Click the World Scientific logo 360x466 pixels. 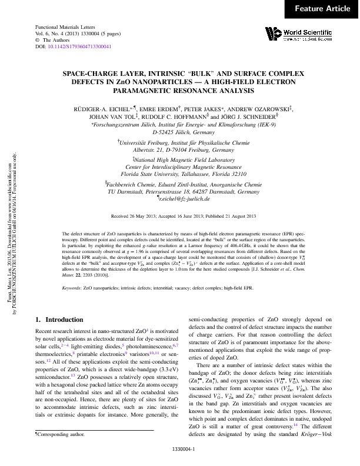pos(295,34)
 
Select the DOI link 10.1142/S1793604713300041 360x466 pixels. pos(79,46)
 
